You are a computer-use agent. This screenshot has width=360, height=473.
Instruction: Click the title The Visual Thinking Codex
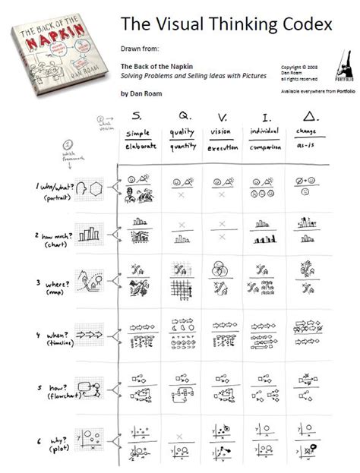tap(226, 24)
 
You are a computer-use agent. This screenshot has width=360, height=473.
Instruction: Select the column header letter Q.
tap(183, 116)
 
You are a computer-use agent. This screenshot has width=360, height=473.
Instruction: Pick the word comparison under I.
tap(264, 147)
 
